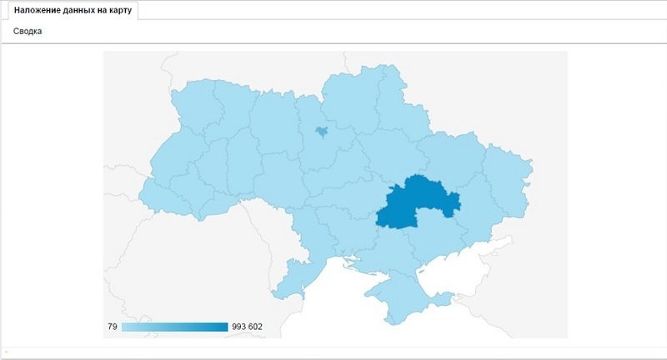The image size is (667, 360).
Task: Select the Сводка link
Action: click(28, 32)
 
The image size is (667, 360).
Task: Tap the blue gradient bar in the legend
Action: click(174, 327)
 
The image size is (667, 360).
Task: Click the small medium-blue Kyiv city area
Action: click(321, 131)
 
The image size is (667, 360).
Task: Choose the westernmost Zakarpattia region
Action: click(158, 197)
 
